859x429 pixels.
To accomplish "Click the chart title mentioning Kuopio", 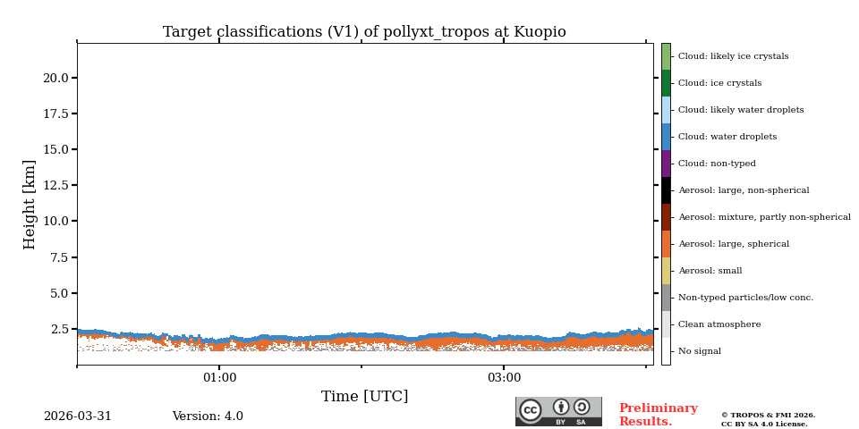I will [364, 32].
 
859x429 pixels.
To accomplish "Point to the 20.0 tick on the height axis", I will [55, 78].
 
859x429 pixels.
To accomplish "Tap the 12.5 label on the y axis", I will [55, 185].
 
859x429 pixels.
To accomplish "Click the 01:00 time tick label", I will [219, 378].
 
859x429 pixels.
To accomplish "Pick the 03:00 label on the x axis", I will [504, 378].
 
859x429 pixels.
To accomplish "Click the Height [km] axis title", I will [30, 204].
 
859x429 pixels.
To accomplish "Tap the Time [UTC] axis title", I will [364, 397].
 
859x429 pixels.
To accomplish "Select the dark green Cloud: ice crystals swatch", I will [666, 83].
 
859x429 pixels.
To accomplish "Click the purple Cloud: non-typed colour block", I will [666, 164].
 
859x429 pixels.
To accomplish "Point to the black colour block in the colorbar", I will [666, 190].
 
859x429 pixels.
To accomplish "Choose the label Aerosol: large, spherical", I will [733, 244].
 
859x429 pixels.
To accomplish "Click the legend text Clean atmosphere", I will [719, 324].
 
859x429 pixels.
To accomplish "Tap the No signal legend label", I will [699, 351].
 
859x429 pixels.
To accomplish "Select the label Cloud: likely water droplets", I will [740, 110].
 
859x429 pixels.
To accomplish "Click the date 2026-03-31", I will [78, 416].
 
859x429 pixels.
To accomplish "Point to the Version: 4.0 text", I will [208, 416].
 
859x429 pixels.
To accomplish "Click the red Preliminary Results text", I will [658, 416].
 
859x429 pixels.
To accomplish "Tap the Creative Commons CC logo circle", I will [531, 410].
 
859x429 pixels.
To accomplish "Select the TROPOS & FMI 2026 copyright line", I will [768, 416].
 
